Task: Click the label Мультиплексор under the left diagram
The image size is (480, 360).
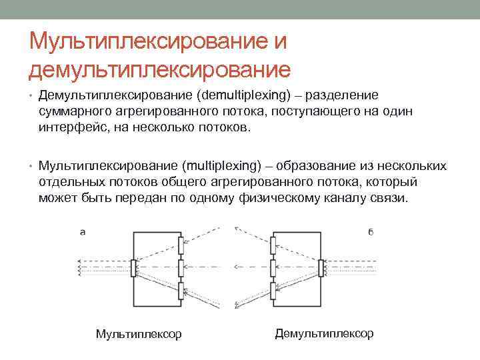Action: click(x=139, y=334)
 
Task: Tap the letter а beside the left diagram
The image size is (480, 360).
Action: click(x=83, y=232)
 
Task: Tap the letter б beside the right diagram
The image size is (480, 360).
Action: click(x=370, y=232)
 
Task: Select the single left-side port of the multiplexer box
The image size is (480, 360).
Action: click(x=133, y=268)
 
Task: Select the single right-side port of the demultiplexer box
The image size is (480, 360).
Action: click(x=321, y=268)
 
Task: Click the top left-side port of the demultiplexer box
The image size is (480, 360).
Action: click(x=274, y=244)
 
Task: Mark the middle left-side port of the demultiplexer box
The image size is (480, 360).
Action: click(x=274, y=268)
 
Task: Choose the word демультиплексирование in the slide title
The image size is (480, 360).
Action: click(x=160, y=68)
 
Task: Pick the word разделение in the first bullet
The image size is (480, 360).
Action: click(x=341, y=95)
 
